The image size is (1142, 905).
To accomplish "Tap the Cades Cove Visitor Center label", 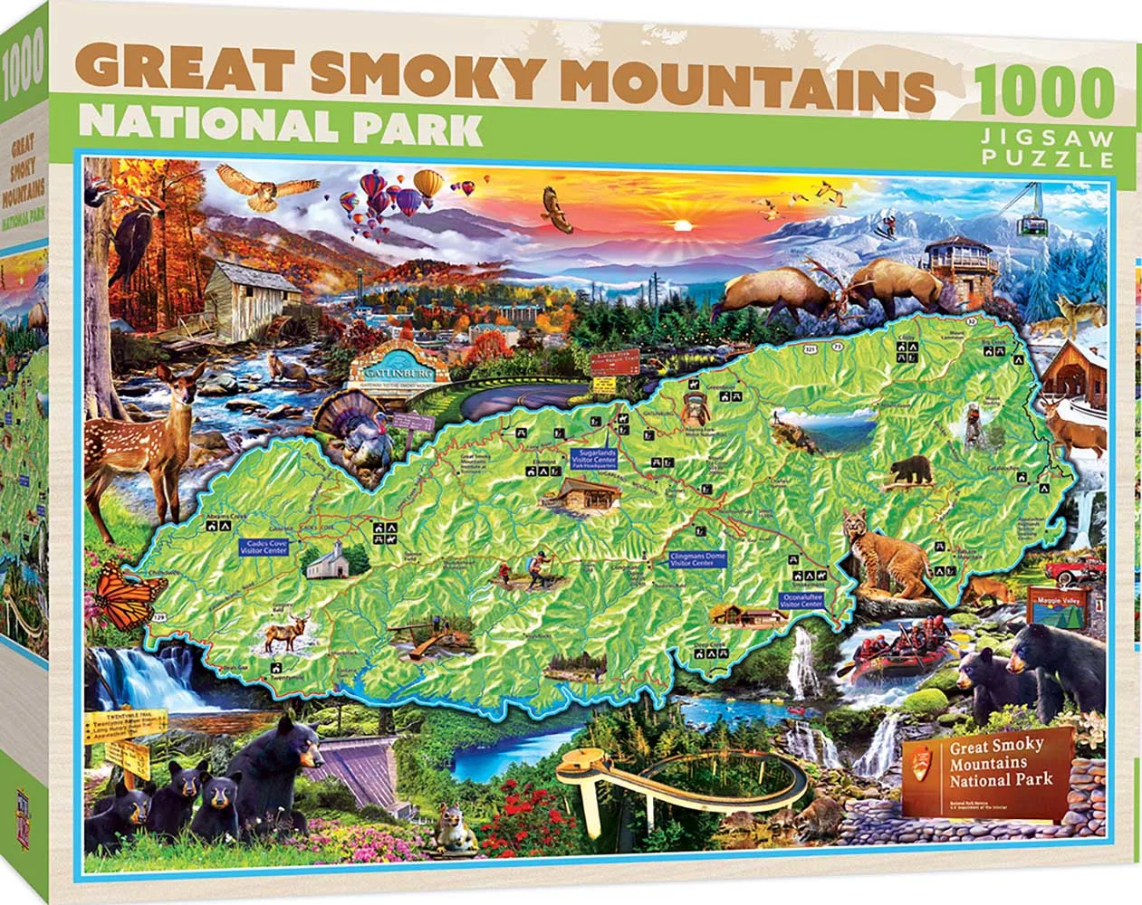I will click(264, 547).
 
